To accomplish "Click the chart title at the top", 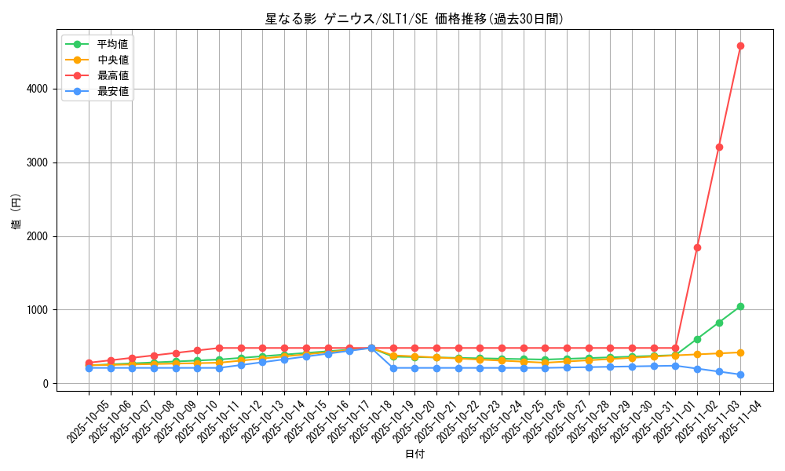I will coord(414,20).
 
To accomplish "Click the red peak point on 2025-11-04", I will coord(740,46).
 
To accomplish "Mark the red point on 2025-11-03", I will coord(719,147).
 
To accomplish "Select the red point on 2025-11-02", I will coord(697,247).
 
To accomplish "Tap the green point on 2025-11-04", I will coord(740,306).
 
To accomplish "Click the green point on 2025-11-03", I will coord(719,323).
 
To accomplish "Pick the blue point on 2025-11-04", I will coord(740,374).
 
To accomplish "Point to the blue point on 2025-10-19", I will coord(393,368).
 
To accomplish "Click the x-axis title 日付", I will coord(414,455).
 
